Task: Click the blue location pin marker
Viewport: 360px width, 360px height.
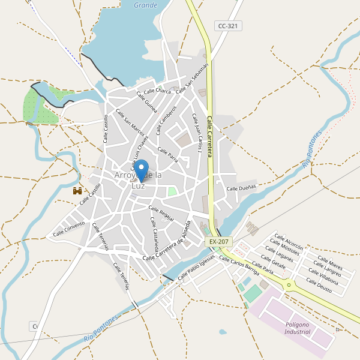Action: [x=141, y=170]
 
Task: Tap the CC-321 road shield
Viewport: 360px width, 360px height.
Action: [x=228, y=26]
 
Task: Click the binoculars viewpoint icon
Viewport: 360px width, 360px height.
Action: [x=77, y=191]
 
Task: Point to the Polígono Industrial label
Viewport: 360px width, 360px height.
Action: [x=298, y=328]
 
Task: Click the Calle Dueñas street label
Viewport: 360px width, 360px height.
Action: [x=241, y=188]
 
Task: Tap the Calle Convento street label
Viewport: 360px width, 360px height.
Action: [x=69, y=229]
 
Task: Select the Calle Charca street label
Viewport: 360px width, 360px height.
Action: [x=157, y=91]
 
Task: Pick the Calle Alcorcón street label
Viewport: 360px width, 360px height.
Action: [x=289, y=241]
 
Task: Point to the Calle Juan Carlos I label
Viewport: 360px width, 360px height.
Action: [x=197, y=133]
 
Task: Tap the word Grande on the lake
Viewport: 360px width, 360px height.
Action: [x=145, y=5]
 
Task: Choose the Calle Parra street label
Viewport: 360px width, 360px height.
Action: [x=167, y=154]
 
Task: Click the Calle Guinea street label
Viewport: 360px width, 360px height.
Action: [x=147, y=102]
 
